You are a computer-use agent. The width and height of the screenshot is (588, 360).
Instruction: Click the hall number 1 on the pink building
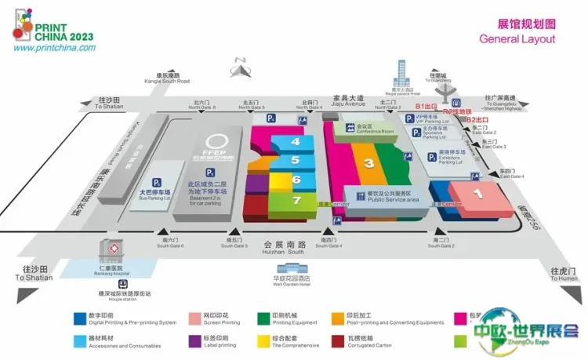coord(475,191)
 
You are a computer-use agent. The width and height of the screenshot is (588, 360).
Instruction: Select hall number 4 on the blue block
coord(296,142)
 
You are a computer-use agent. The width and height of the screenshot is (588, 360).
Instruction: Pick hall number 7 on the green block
coord(296,200)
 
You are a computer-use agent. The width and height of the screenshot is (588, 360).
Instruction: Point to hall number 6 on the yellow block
coord(296,180)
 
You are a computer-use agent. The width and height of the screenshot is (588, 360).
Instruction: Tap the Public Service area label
coord(382,199)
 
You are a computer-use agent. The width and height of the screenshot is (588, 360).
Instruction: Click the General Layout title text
coord(517,39)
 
